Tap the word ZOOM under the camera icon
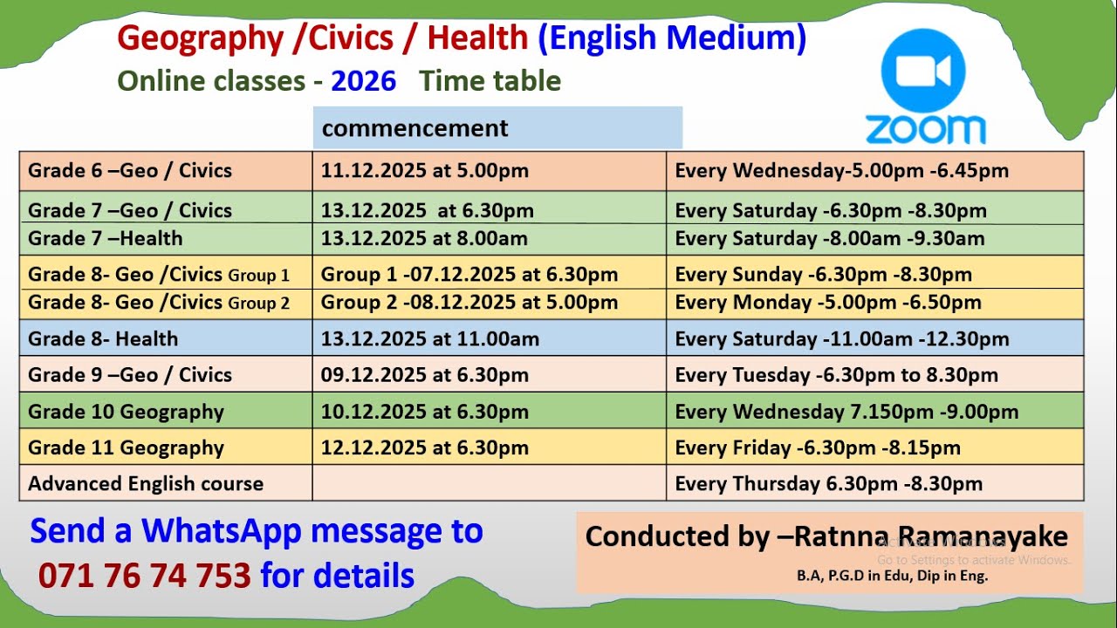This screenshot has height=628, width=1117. coord(925,129)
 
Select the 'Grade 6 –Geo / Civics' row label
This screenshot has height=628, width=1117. coord(130,170)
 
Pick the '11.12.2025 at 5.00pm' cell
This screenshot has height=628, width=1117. coord(424,170)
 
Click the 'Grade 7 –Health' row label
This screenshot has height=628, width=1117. coord(106,238)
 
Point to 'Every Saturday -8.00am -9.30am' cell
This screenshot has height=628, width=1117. coord(829,238)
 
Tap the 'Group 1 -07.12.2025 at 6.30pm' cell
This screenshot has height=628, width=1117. coord(469,275)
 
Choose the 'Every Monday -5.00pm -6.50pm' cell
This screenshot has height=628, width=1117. coord(827,303)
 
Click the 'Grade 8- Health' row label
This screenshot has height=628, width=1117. coord(103,338)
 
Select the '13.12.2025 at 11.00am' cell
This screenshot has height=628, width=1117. coord(429,338)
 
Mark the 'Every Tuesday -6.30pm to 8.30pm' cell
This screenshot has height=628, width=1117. coord(836,375)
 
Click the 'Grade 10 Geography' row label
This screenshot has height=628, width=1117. coord(126,412)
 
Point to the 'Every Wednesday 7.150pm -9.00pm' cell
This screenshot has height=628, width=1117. coord(846,412)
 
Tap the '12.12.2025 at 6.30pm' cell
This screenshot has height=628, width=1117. coord(424,448)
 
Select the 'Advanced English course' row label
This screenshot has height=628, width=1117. coord(146,483)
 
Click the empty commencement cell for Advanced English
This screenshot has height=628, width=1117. coord(489,483)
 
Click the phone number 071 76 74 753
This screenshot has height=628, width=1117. coord(145,576)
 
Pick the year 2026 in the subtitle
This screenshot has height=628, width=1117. coord(363,81)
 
